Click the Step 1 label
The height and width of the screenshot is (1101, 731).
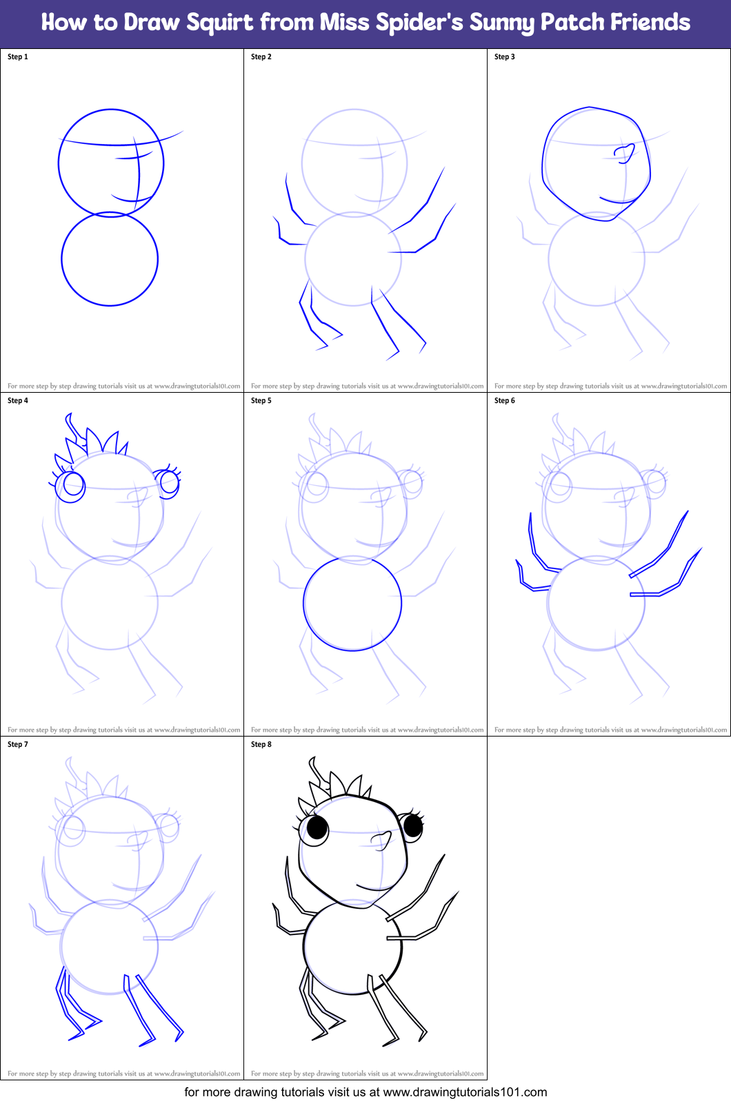[18, 56]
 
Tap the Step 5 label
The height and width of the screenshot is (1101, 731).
[261, 400]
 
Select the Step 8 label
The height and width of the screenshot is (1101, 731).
[261, 744]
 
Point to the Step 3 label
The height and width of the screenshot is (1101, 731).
[505, 56]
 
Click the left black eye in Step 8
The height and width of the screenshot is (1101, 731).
[317, 827]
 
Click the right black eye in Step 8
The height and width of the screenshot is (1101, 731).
[413, 824]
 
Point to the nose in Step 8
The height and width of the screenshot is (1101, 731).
[381, 838]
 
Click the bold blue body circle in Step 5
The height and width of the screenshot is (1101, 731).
[352, 604]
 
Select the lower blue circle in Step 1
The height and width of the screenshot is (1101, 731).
[110, 259]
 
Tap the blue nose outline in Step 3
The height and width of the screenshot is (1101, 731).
[626, 153]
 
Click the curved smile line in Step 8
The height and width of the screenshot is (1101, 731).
[376, 887]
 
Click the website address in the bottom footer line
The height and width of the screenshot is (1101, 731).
[465, 1092]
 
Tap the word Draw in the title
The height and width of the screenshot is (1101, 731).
[152, 23]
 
